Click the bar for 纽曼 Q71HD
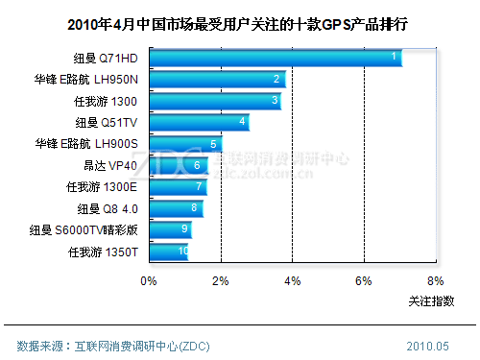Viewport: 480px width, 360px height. pyautogui.click(x=275, y=59)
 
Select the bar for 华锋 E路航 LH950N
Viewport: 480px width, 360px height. pyautogui.click(x=217, y=80)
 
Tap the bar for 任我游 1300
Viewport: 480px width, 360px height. pyautogui.click(x=215, y=101)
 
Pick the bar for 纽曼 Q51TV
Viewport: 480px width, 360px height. pyautogui.click(x=199, y=122)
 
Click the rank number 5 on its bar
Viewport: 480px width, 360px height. pyautogui.click(x=212, y=144)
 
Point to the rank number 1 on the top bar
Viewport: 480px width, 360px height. pyautogui.click(x=394, y=58)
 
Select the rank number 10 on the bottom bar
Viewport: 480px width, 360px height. pyautogui.click(x=182, y=252)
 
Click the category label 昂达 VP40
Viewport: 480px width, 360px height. pyautogui.click(x=111, y=165)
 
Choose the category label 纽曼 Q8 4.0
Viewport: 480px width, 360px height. pyautogui.click(x=108, y=207)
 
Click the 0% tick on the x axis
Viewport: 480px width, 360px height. pyautogui.click(x=149, y=281)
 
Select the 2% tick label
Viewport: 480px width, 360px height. pyautogui.click(x=221, y=281)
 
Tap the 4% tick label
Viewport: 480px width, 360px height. pyautogui.click(x=293, y=281)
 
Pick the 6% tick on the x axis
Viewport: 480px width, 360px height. pyautogui.click(x=364, y=281)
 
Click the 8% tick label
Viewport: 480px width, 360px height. pyautogui.click(x=436, y=281)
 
